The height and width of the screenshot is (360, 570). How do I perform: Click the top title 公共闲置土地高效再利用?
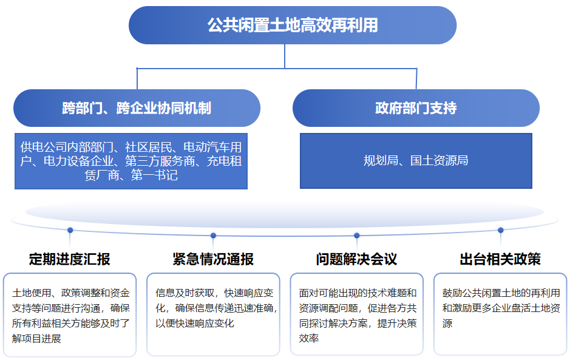point(293,25)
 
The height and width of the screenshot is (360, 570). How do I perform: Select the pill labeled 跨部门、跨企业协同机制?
point(137,108)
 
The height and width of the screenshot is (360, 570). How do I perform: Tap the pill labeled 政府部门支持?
point(416,108)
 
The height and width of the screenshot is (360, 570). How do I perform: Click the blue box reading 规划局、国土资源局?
point(416,161)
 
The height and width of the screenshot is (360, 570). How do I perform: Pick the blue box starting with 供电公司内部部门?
point(131,161)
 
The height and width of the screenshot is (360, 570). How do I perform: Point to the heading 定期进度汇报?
point(70,259)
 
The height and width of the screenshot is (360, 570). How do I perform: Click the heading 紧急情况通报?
point(213,259)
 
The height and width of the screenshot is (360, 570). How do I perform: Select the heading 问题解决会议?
point(356,259)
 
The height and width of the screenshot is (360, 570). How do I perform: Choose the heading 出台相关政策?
point(500,259)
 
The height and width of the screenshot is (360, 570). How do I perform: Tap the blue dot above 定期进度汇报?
point(70,230)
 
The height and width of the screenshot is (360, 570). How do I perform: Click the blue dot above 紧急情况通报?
point(213,235)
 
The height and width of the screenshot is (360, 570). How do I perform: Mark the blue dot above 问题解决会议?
point(356,235)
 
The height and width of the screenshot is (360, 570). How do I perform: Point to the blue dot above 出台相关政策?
point(501,230)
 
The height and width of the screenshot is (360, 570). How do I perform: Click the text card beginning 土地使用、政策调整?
point(70,314)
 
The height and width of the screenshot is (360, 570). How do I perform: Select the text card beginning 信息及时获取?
point(213,314)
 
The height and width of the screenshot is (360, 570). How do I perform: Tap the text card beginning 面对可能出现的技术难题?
point(356,314)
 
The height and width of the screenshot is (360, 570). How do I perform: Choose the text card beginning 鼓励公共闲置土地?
point(500,314)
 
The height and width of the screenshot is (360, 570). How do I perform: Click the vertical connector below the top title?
point(285,56)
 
